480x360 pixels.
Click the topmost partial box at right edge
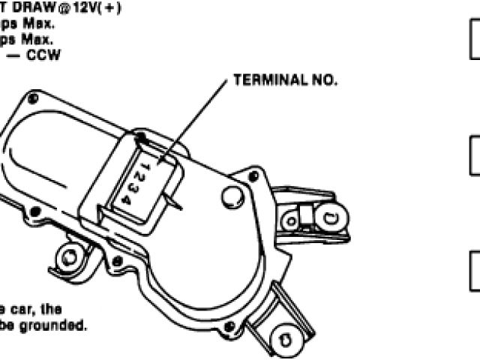pyautogui.click(x=474, y=43)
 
